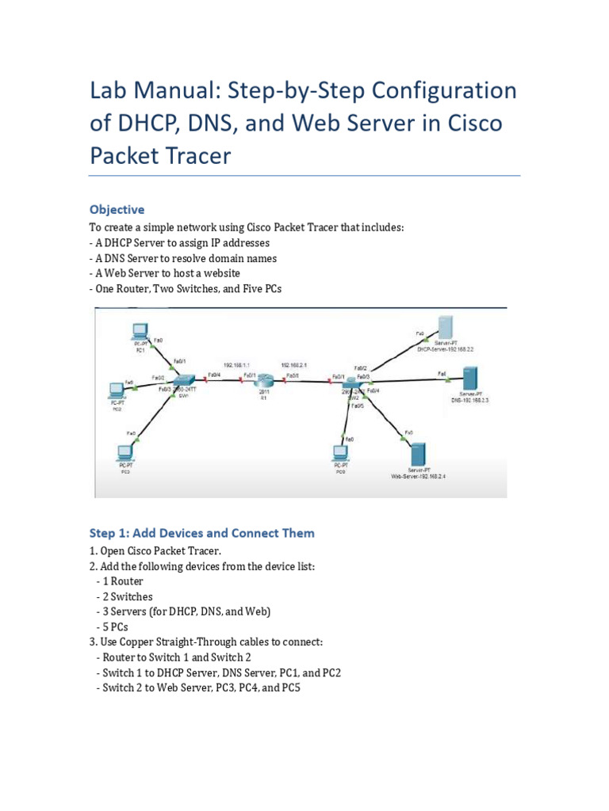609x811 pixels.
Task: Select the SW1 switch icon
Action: [x=190, y=380]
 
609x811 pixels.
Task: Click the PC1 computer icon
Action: [x=140, y=332]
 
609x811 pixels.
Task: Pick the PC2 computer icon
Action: [x=117, y=390]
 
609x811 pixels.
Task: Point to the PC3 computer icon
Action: [x=124, y=453]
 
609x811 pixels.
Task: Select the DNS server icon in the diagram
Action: [x=470, y=379]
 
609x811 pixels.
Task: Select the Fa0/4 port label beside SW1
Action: [x=214, y=375]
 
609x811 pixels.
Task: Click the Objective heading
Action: [x=117, y=210]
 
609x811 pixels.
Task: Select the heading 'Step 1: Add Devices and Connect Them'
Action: [x=201, y=533]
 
